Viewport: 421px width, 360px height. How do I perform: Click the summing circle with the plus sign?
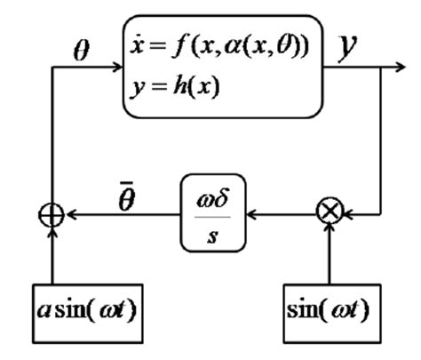(54, 214)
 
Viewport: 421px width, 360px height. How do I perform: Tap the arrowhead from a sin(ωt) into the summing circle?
(54, 230)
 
